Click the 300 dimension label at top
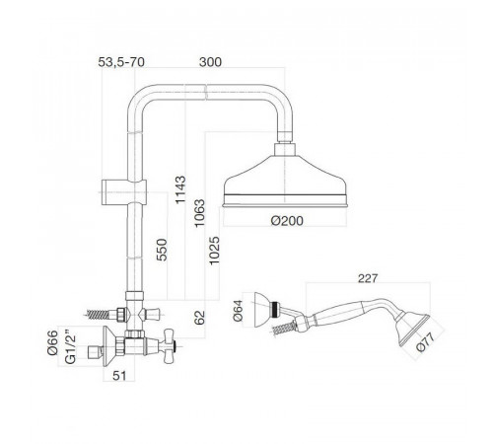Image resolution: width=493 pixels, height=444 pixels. pyautogui.click(x=210, y=62)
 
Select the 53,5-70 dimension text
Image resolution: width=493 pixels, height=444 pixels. pyautogui.click(x=121, y=62)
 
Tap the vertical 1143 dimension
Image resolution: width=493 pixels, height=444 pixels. pyautogui.click(x=180, y=189)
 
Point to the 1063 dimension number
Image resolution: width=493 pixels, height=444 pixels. pyautogui.click(x=199, y=213)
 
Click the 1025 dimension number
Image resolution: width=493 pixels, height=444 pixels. pyautogui.click(x=214, y=251)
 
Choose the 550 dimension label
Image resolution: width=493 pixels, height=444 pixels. pyautogui.click(x=162, y=250)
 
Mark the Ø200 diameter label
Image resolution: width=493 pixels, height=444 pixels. pyautogui.click(x=287, y=221)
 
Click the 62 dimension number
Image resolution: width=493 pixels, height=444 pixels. pyautogui.click(x=199, y=318)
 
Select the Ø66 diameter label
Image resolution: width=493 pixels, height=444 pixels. pyautogui.click(x=52, y=342)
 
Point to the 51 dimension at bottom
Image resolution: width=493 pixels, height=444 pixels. pyautogui.click(x=119, y=376)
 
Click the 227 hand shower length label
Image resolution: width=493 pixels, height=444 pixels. pyautogui.click(x=368, y=278)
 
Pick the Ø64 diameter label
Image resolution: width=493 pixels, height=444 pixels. pyautogui.click(x=238, y=310)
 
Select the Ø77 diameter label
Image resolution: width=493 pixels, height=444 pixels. pyautogui.click(x=426, y=342)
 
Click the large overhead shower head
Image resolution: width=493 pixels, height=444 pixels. pyautogui.click(x=285, y=181)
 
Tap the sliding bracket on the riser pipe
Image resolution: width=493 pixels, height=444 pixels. pyautogui.click(x=123, y=192)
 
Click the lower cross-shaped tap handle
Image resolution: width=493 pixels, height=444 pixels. pyautogui.click(x=168, y=346)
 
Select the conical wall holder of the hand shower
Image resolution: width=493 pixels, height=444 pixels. pyautogui.click(x=263, y=310)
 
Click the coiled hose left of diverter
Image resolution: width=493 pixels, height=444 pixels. pyautogui.click(x=98, y=315)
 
